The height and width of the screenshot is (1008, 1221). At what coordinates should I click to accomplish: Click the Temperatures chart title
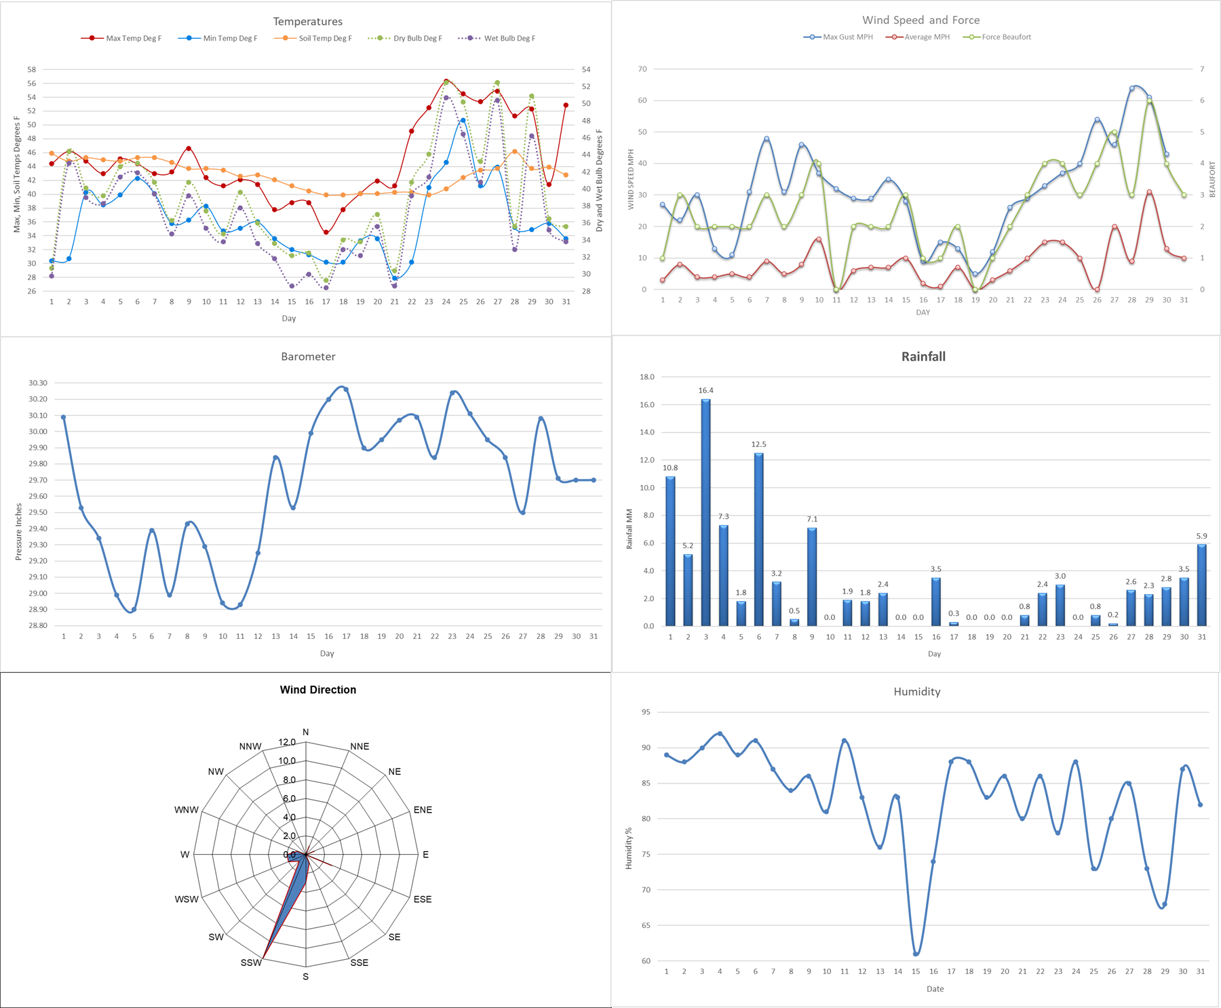click(x=307, y=22)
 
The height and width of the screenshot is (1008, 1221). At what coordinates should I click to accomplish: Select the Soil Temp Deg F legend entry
click(x=325, y=39)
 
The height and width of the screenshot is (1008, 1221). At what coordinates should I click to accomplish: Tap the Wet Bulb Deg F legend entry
click(x=509, y=39)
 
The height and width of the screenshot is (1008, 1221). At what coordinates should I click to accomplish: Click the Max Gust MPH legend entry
click(x=847, y=37)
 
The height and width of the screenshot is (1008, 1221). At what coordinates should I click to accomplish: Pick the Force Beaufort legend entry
click(x=1006, y=37)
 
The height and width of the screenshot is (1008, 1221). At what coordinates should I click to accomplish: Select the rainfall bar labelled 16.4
click(x=705, y=512)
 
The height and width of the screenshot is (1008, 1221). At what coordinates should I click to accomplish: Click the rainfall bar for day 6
click(x=758, y=539)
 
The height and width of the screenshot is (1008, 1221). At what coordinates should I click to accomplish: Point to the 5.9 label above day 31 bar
click(x=1201, y=536)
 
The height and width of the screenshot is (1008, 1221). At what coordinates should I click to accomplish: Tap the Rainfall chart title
click(x=923, y=357)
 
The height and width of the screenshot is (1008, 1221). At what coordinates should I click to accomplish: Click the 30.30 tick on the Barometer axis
click(x=38, y=383)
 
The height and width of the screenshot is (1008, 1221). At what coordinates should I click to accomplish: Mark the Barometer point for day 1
click(x=64, y=417)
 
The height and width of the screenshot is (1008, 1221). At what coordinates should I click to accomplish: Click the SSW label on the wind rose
click(x=251, y=963)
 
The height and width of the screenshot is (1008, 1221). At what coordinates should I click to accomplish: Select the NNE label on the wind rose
click(x=360, y=746)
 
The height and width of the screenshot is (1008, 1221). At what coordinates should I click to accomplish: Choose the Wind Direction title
click(x=317, y=690)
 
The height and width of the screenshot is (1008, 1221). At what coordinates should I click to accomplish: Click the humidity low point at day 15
click(x=916, y=954)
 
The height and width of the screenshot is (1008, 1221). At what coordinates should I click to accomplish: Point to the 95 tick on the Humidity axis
click(x=645, y=712)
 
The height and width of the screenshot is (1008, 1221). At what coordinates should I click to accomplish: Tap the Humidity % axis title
click(x=629, y=848)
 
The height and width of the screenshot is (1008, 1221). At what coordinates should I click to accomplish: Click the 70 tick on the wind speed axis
click(x=642, y=69)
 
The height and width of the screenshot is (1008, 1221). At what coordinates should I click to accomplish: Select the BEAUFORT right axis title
click(x=1212, y=179)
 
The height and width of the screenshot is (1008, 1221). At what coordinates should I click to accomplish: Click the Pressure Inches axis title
click(x=19, y=531)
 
